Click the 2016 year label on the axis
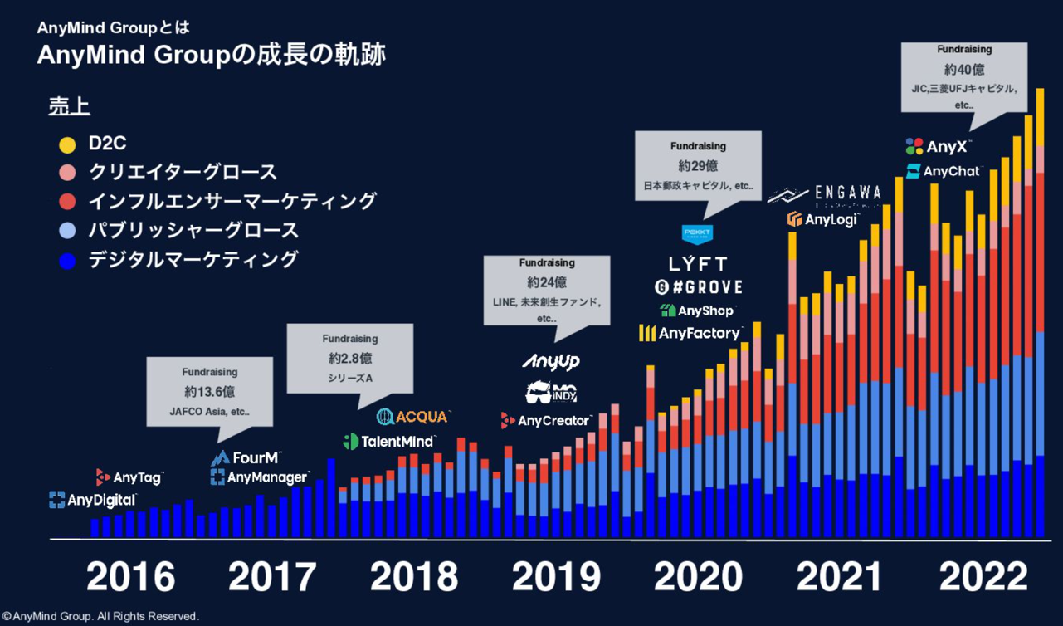click(130, 577)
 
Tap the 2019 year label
click(557, 577)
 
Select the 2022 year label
click(983, 577)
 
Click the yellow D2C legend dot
click(68, 144)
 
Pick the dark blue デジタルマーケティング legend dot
click(68, 261)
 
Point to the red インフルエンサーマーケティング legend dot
click(68, 202)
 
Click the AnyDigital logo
click(92, 500)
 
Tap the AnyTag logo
click(129, 477)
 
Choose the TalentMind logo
click(388, 442)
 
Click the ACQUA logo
click(412, 416)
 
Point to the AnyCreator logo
click(547, 421)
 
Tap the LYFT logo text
click(698, 264)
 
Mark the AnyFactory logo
click(690, 333)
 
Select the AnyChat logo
click(944, 172)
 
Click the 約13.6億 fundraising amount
click(210, 392)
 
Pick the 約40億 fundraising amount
click(964, 70)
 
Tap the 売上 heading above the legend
click(69, 107)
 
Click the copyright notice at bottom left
click(100, 617)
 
